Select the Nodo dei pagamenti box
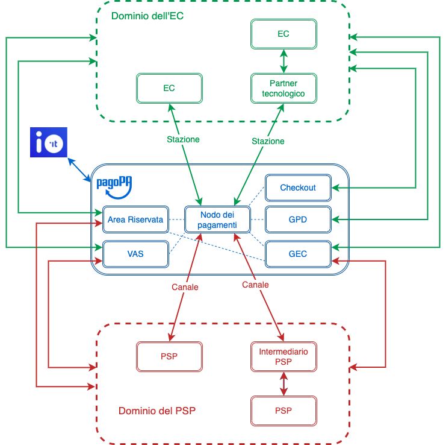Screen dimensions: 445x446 (217, 219)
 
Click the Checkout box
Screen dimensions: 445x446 (298, 188)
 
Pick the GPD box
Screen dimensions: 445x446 (298, 219)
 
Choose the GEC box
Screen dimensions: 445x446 (298, 254)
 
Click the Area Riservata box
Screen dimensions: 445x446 (135, 219)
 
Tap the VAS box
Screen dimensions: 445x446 (135, 254)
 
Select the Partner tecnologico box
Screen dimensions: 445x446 (283, 88)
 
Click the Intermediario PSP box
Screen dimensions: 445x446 (283, 356)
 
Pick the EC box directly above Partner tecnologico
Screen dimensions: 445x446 (283, 34)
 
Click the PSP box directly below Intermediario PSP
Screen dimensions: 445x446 (283, 411)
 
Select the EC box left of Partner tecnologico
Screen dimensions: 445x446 (169, 88)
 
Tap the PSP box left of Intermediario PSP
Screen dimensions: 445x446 (169, 356)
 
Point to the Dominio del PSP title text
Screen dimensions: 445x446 (157, 411)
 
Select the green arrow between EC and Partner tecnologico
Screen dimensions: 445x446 (283, 61)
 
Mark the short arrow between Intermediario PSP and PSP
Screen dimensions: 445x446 (283, 383)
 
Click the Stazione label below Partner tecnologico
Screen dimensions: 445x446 (267, 141)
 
